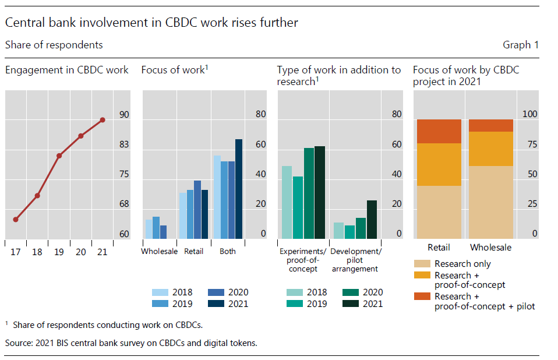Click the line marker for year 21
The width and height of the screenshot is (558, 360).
(x=103, y=120)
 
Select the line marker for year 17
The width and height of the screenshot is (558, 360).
(x=16, y=220)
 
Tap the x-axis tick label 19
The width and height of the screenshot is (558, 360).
(x=59, y=252)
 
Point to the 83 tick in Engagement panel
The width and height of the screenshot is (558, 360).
(x=124, y=144)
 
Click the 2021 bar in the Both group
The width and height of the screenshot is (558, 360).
(x=239, y=189)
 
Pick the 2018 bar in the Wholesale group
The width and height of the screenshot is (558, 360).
(x=149, y=229)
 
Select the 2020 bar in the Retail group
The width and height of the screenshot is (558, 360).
(x=197, y=210)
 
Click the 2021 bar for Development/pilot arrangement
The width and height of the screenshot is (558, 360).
(x=372, y=220)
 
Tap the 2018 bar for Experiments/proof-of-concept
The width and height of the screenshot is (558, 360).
(x=287, y=202)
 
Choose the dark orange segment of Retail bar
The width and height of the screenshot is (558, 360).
(x=439, y=131)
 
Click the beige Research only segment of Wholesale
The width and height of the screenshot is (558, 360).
(x=491, y=202)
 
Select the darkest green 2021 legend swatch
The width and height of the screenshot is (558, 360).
(x=351, y=303)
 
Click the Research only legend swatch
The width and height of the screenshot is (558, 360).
(x=422, y=264)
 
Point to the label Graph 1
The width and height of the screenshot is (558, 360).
(x=521, y=45)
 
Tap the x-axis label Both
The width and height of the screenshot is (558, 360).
(x=228, y=252)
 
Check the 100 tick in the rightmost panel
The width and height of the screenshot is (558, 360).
(x=530, y=115)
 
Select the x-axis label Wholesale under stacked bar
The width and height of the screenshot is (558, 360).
(x=490, y=248)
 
